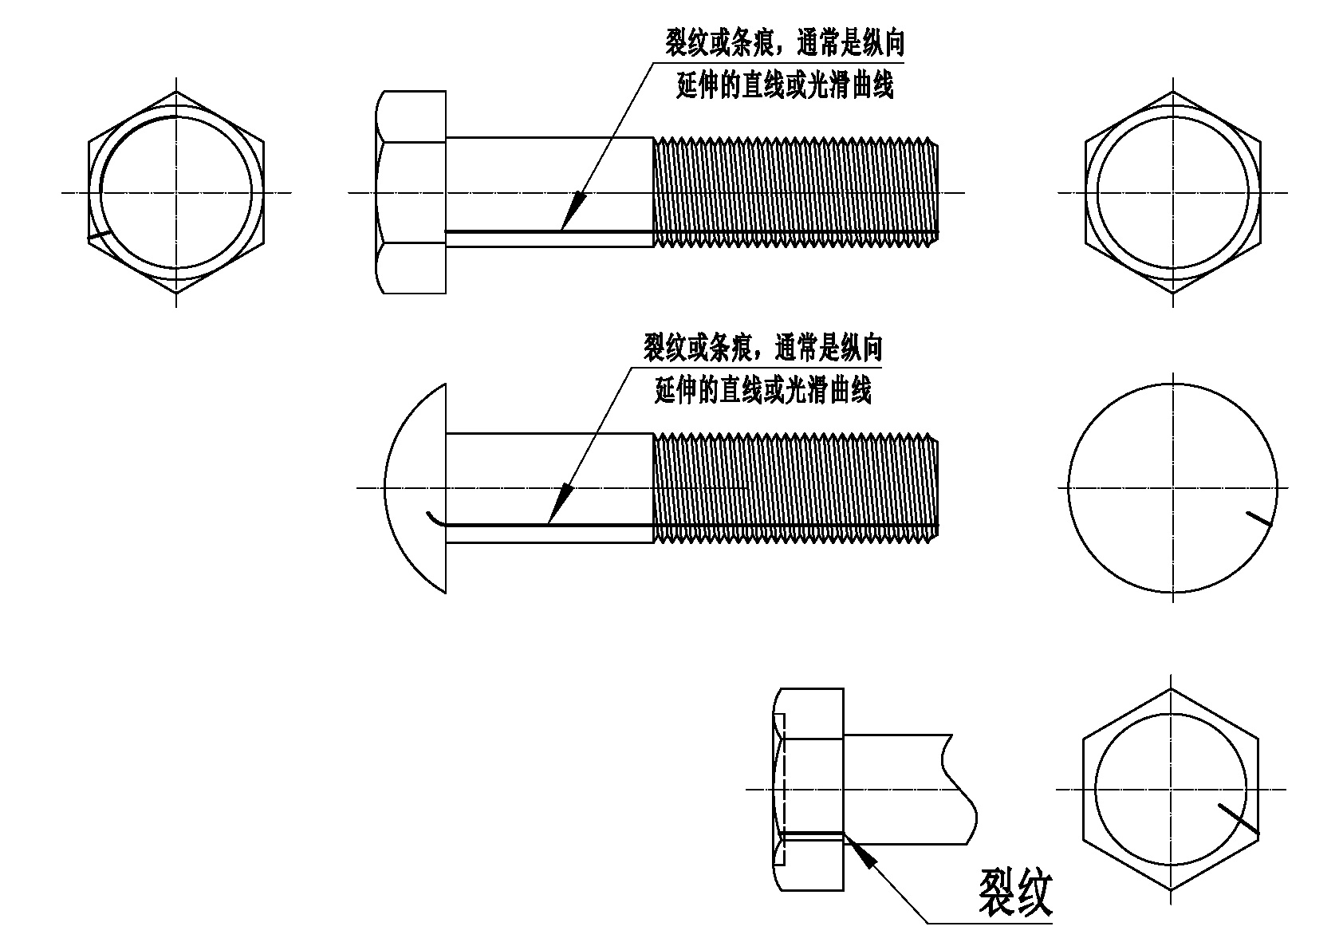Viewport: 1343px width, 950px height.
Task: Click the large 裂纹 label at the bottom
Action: (x=1016, y=893)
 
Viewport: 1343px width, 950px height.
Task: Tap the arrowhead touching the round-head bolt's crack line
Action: (x=560, y=504)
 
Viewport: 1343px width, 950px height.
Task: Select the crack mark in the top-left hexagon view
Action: (x=99, y=236)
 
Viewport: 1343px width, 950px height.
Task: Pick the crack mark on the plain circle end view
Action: (x=1259, y=519)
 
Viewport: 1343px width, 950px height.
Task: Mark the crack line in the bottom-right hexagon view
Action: (x=1239, y=818)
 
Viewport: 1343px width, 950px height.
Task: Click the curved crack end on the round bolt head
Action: (x=436, y=519)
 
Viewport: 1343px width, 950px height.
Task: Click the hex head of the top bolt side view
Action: (x=411, y=192)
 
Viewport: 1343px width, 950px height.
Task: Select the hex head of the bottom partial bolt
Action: (x=808, y=789)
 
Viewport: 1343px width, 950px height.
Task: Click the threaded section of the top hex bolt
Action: (x=796, y=192)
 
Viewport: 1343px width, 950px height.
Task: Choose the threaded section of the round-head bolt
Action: (x=796, y=488)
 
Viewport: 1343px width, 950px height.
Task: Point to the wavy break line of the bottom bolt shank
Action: (x=959, y=789)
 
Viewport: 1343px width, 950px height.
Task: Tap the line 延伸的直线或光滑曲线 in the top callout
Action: (x=785, y=85)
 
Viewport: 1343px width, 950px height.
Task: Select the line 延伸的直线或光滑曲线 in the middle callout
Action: (x=762, y=390)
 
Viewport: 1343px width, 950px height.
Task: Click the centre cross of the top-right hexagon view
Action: (x=1172, y=192)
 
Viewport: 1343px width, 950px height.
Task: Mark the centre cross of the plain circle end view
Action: (x=1172, y=488)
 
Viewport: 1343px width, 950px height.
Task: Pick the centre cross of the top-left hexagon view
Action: (x=176, y=192)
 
